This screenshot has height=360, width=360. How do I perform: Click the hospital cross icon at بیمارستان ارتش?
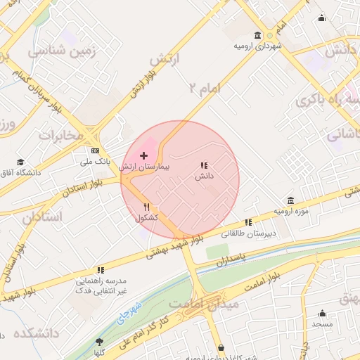[x=144, y=155]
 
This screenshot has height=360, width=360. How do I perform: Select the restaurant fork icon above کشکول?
[x=147, y=207]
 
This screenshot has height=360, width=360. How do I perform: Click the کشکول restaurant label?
[x=147, y=219]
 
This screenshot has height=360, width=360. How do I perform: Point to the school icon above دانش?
[x=204, y=165]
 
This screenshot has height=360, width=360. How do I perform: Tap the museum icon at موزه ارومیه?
[x=291, y=200]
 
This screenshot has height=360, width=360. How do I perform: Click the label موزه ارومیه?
[x=291, y=212]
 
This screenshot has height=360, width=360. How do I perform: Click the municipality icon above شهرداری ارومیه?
[x=258, y=35]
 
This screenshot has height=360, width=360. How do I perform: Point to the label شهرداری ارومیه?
[x=258, y=46]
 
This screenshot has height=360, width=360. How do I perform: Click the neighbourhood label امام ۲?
[x=205, y=87]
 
